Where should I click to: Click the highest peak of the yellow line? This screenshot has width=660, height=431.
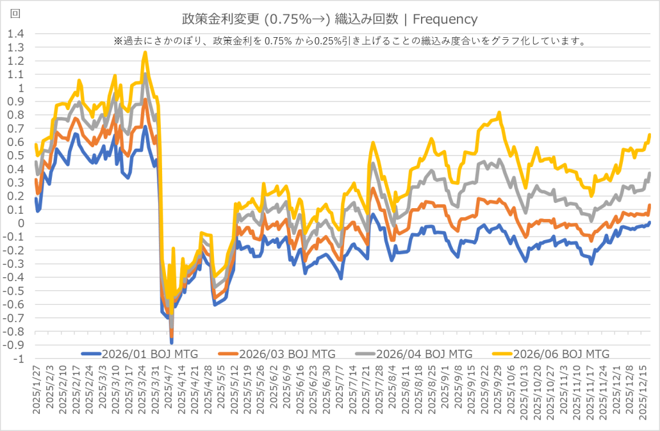[145, 53]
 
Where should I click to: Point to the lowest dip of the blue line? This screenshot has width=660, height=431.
[172, 343]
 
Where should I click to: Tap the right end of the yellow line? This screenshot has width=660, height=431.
[650, 134]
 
